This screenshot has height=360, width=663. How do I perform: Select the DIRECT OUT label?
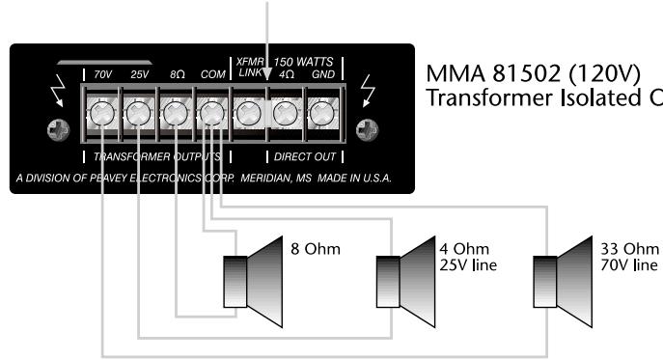pos(301,155)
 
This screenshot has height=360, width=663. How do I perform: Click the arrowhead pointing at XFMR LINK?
pos(266,70)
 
